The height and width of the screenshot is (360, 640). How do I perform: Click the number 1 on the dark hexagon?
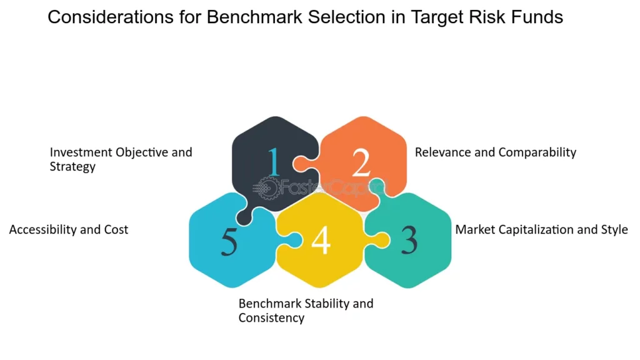coord(274,162)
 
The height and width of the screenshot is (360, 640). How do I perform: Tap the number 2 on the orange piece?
coord(361,162)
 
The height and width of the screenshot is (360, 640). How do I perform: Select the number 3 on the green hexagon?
coord(409,239)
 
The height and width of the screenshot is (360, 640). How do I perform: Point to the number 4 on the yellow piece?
coord(321,239)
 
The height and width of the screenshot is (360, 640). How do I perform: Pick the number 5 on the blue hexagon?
coord(229,241)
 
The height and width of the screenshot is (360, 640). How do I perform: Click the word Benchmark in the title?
coord(254,17)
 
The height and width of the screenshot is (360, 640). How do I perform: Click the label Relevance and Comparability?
coord(496,152)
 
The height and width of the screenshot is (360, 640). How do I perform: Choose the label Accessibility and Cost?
coord(69,229)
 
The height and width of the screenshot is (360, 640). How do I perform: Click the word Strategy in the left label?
coord(72,166)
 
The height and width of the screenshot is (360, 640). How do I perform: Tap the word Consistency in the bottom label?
coord(271,317)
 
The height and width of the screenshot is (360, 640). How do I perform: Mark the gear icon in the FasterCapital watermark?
coord(267,189)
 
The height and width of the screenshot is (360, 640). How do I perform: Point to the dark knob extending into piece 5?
coord(246,213)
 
